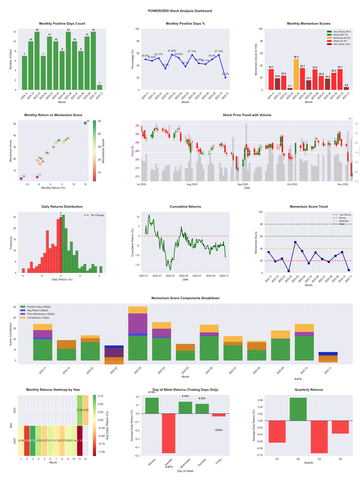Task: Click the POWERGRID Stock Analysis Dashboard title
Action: click(180, 10)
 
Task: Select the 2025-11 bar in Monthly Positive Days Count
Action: click(99, 87)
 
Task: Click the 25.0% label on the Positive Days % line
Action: click(225, 74)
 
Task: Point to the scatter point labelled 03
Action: click(85, 123)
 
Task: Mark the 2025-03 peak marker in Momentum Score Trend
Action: click(295, 242)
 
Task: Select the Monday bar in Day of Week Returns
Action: click(152, 405)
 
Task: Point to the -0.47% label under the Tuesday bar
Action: click(169, 467)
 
